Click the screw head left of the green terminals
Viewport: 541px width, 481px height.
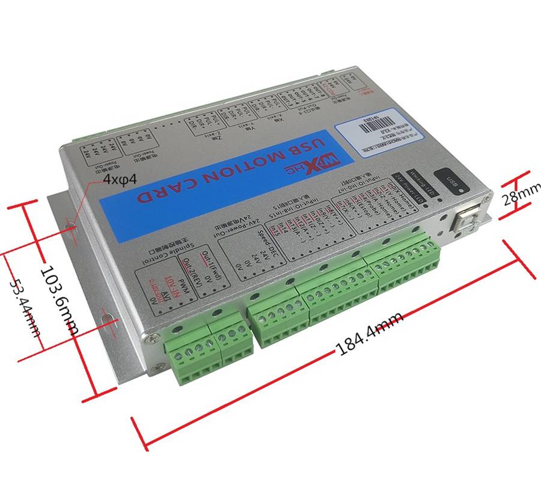tap(156, 339)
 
